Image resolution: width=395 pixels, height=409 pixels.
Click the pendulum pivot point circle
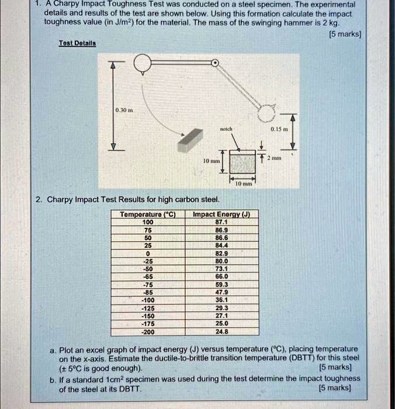point(215,63)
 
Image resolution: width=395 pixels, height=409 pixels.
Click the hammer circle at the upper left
point(143,63)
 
